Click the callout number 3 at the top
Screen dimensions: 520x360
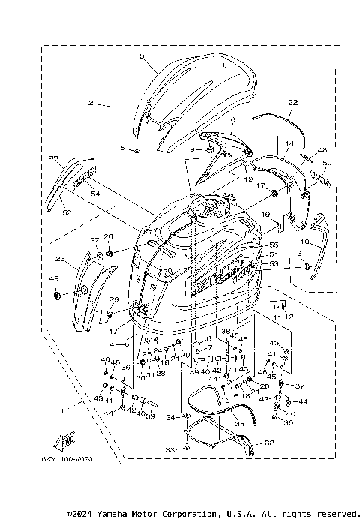pyautogui.click(x=142, y=56)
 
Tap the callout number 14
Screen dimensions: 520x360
pyautogui.click(x=289, y=143)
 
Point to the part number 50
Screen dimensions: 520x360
pyautogui.click(x=326, y=163)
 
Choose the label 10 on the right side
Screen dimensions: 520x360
pyautogui.click(x=305, y=242)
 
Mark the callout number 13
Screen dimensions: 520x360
pyautogui.click(x=298, y=255)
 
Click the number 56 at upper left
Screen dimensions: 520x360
pyautogui.click(x=53, y=158)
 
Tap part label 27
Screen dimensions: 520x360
pyautogui.click(x=94, y=240)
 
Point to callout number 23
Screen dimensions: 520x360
pyautogui.click(x=59, y=260)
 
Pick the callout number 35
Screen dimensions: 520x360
pyautogui.click(x=240, y=424)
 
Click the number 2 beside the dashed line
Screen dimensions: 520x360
pyautogui.click(x=91, y=102)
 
